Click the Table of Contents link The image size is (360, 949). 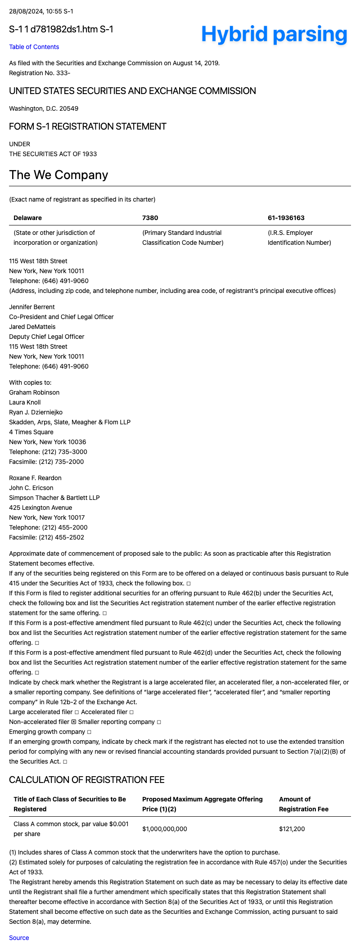coord(34,47)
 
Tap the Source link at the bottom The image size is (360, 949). coord(19,938)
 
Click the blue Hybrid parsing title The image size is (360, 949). coord(274,34)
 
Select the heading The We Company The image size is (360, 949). coord(58,175)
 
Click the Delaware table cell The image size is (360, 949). coord(27,218)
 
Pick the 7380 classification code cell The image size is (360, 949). coord(150,218)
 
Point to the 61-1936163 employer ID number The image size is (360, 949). coord(286,218)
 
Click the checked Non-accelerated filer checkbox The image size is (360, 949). coord(74,722)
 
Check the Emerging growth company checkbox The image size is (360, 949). coord(89,732)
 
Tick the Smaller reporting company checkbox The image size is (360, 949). coord(159,722)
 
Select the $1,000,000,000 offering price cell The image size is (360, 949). coord(164,829)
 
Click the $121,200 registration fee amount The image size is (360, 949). coord(292,829)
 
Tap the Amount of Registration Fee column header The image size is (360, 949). coord(303,804)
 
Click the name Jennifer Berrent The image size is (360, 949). coord(32,307)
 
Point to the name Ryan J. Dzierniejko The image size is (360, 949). coord(36,412)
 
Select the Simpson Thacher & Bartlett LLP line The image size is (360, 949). coord(54,498)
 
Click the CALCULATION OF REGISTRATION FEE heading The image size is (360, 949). coord(86,780)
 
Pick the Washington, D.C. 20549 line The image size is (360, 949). coord(44,108)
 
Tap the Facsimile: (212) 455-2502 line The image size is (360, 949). coord(46,537)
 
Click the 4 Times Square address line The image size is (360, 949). coord(31,432)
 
